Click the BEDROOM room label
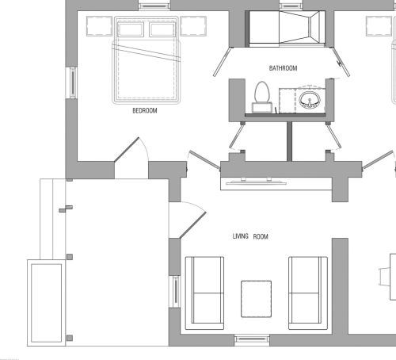tap(145, 110)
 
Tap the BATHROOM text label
tap(283, 68)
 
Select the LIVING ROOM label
tap(250, 236)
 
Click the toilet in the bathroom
tap(262, 97)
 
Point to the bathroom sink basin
tap(310, 101)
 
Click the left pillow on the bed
tap(131, 29)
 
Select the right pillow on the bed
tap(162, 29)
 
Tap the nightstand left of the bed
tap(99, 26)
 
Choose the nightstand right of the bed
tap(193, 26)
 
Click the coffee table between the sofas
tap(256, 299)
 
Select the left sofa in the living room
tap(204, 293)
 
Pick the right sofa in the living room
tap(308, 293)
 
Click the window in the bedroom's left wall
tap(71, 82)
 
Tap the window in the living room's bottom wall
tap(252, 340)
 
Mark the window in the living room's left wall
tap(174, 292)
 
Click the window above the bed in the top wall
tap(154, 6)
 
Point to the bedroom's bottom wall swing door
tap(127, 149)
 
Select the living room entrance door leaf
tap(193, 225)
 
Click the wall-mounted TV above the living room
tap(256, 182)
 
